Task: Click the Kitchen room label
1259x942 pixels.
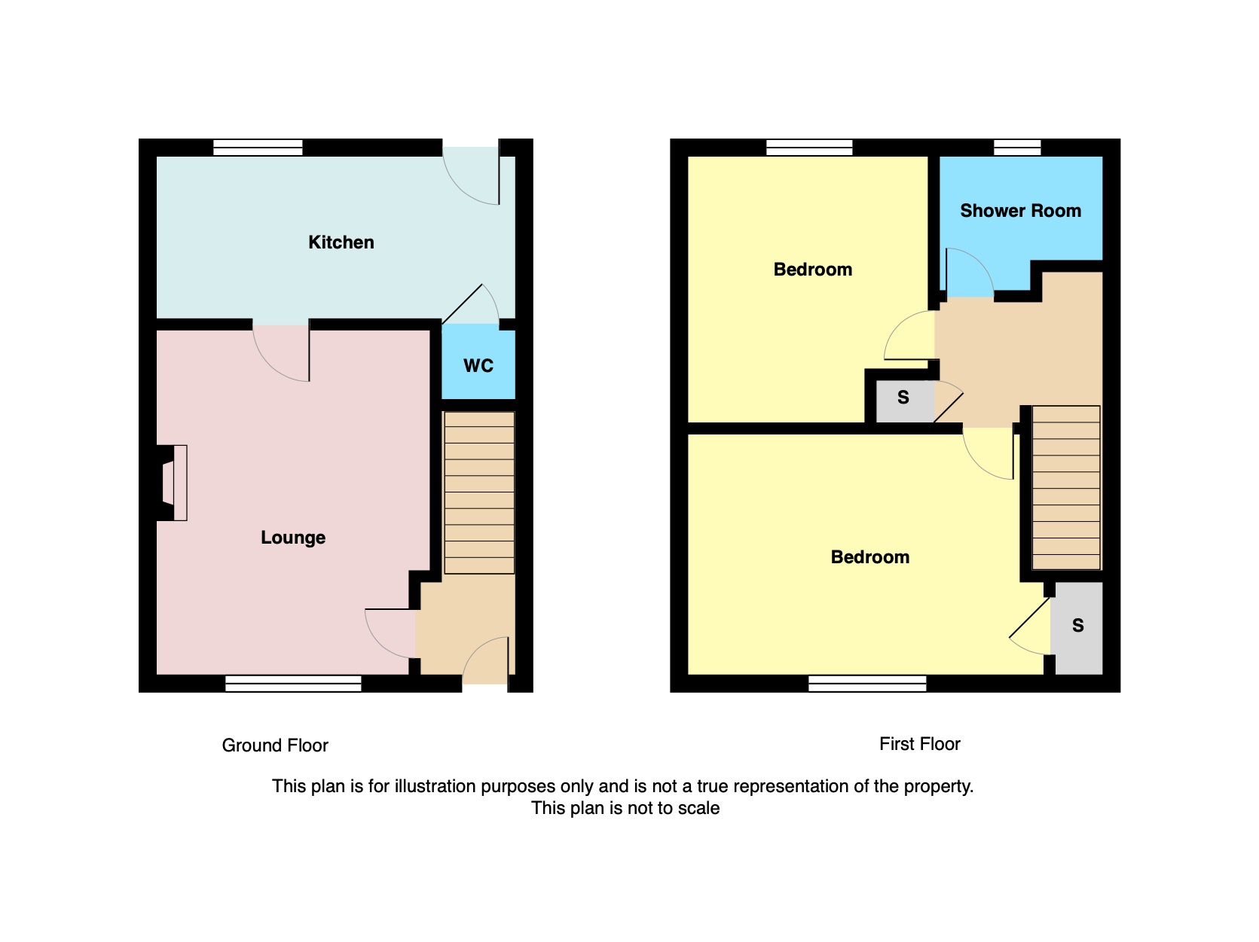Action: [x=341, y=242]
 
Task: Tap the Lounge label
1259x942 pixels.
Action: [x=293, y=538]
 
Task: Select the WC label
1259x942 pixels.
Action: [x=478, y=365]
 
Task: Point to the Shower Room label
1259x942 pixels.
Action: [x=1020, y=210]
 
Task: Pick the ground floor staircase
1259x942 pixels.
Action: [x=479, y=492]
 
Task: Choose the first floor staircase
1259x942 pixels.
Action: [x=1065, y=488]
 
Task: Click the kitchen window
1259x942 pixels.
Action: [x=258, y=148]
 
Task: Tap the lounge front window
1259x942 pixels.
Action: [x=293, y=684]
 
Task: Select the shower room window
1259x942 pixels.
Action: [x=1017, y=148]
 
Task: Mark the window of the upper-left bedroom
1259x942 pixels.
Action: [x=809, y=148]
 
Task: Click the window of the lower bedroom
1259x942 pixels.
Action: [x=867, y=684]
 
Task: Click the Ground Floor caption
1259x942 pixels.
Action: [x=275, y=745]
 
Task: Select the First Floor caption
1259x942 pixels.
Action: [x=919, y=744]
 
